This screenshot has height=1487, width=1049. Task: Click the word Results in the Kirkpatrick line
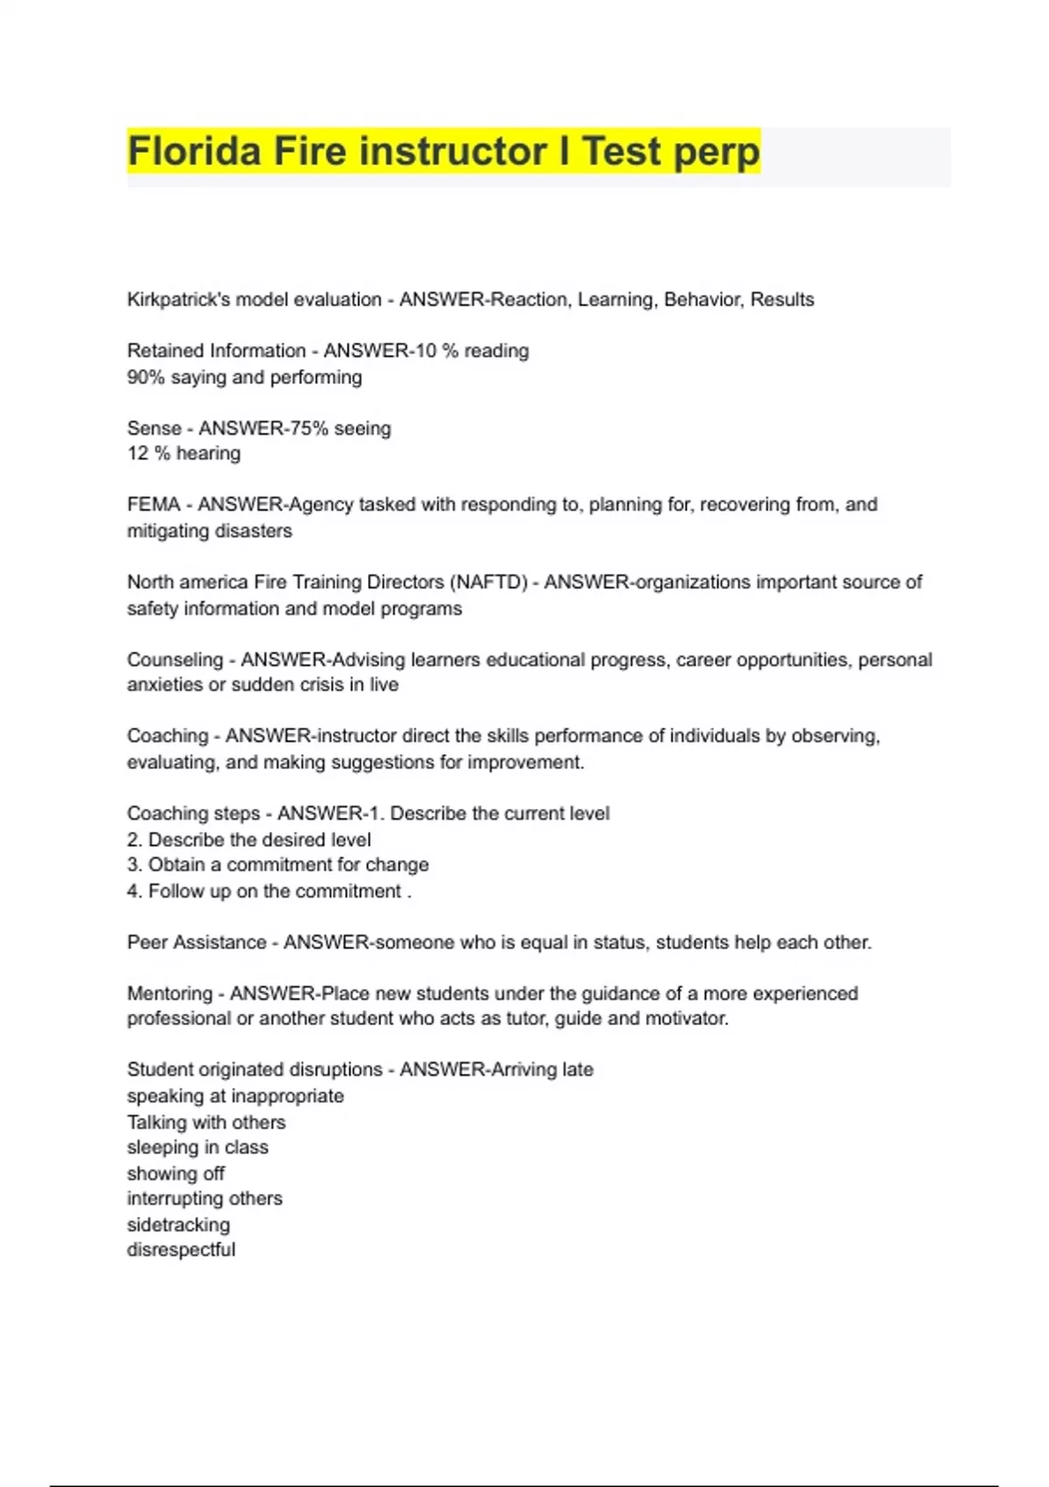[x=782, y=300]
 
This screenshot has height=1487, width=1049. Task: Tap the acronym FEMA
[x=154, y=505]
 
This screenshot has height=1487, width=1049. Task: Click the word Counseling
[x=175, y=660]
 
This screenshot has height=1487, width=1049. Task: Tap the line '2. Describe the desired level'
[x=249, y=840]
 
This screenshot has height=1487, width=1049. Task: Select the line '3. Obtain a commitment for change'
[x=278, y=865]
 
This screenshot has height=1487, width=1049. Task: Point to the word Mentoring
[x=170, y=994]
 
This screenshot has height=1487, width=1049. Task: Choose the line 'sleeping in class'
[x=198, y=1148]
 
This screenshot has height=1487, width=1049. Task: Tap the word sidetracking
[x=178, y=1225]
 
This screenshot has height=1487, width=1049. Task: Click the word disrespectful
[x=181, y=1250]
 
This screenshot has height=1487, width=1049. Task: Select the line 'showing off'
[x=176, y=1174]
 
